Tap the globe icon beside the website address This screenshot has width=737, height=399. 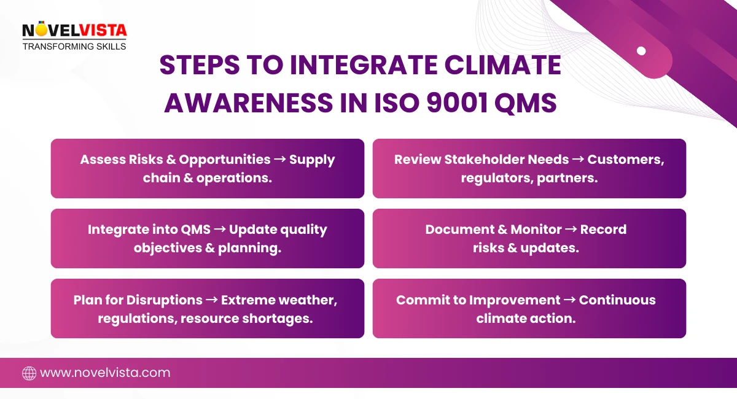(29, 373)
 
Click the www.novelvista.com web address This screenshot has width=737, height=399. (105, 373)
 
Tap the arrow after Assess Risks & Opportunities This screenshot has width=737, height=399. (279, 160)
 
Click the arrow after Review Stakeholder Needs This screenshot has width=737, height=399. (578, 160)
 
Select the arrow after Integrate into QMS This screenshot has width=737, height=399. (219, 230)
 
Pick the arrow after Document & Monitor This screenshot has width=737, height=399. (571, 230)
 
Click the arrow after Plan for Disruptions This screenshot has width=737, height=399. (211, 300)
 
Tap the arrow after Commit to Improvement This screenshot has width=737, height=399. (569, 300)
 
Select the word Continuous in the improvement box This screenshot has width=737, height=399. (617, 300)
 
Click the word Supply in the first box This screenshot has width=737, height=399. (312, 160)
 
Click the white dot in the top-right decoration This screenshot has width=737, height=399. (641, 51)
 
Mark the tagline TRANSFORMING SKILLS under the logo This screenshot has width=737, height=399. (74, 47)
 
